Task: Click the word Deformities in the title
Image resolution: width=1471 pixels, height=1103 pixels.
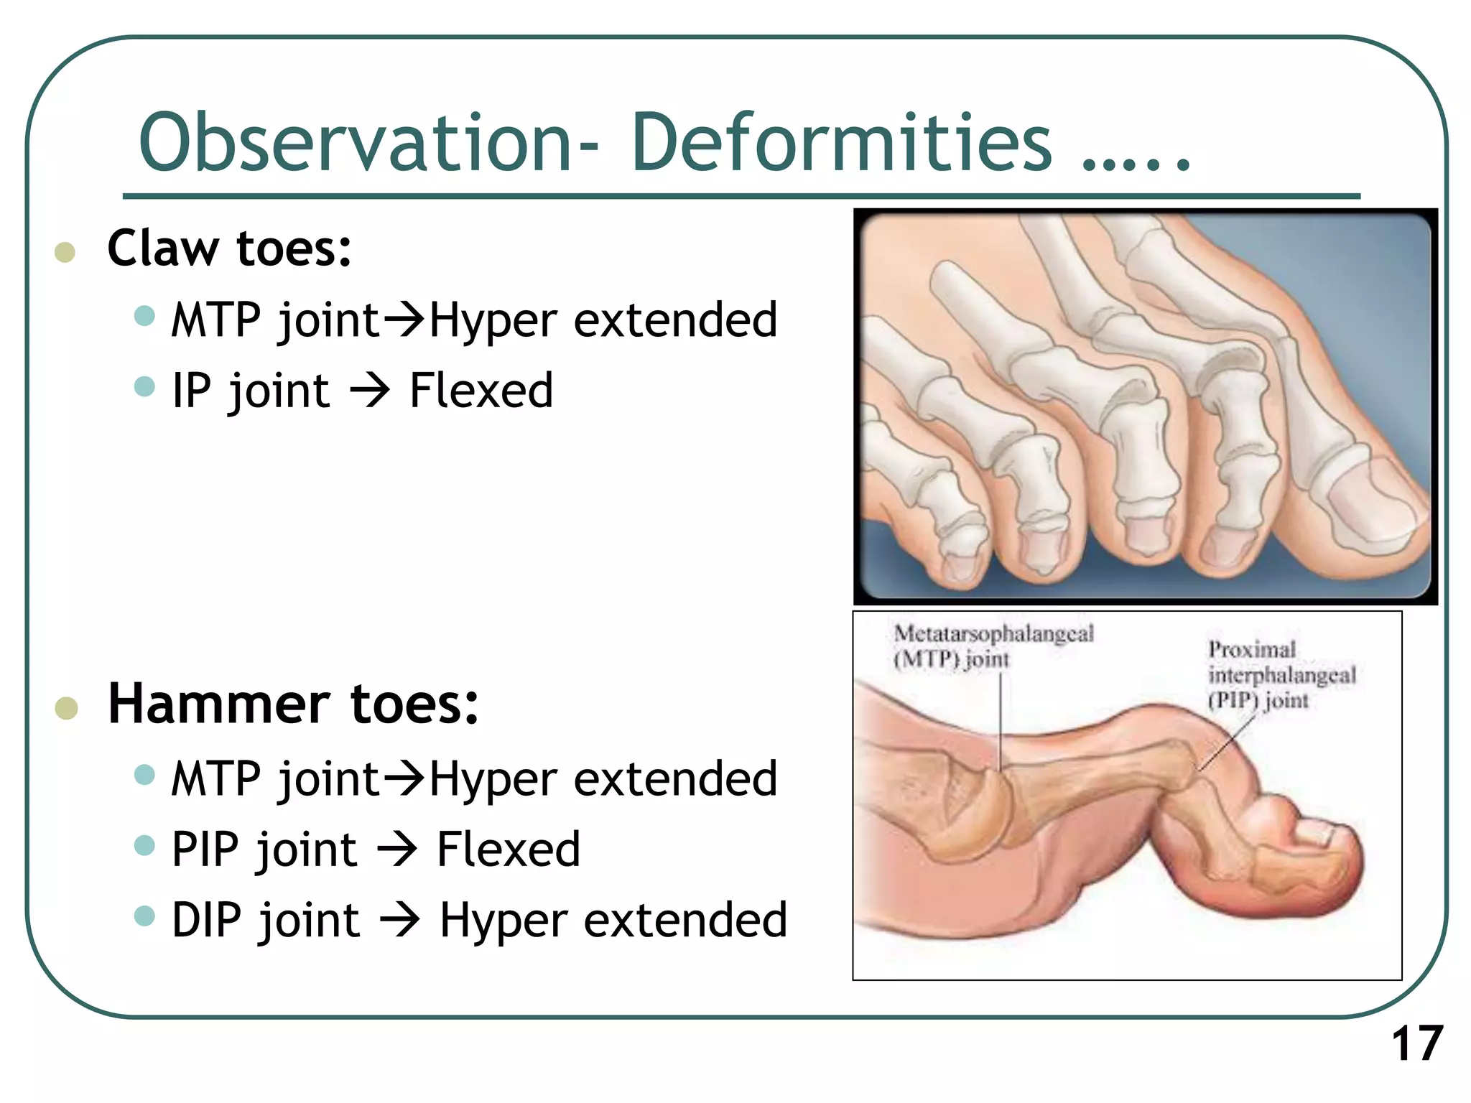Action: (840, 144)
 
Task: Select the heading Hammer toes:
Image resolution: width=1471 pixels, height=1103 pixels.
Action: (293, 704)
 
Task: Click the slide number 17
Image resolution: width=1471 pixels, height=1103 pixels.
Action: (1416, 1043)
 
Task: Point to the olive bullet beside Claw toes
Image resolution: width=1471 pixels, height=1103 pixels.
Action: (65, 252)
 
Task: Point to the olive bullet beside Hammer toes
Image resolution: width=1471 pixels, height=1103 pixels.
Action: (66, 708)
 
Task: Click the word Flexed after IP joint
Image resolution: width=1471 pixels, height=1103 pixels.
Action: (481, 391)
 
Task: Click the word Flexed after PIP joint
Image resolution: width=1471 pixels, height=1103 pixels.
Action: (508, 850)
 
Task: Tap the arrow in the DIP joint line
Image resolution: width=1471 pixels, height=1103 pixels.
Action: (399, 921)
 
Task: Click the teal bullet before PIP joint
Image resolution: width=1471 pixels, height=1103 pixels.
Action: (144, 845)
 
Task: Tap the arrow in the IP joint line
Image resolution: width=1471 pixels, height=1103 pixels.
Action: (370, 391)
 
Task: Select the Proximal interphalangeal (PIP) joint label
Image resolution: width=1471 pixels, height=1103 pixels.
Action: (1281, 675)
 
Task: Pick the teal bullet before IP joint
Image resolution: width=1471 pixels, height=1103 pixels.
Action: (144, 386)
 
